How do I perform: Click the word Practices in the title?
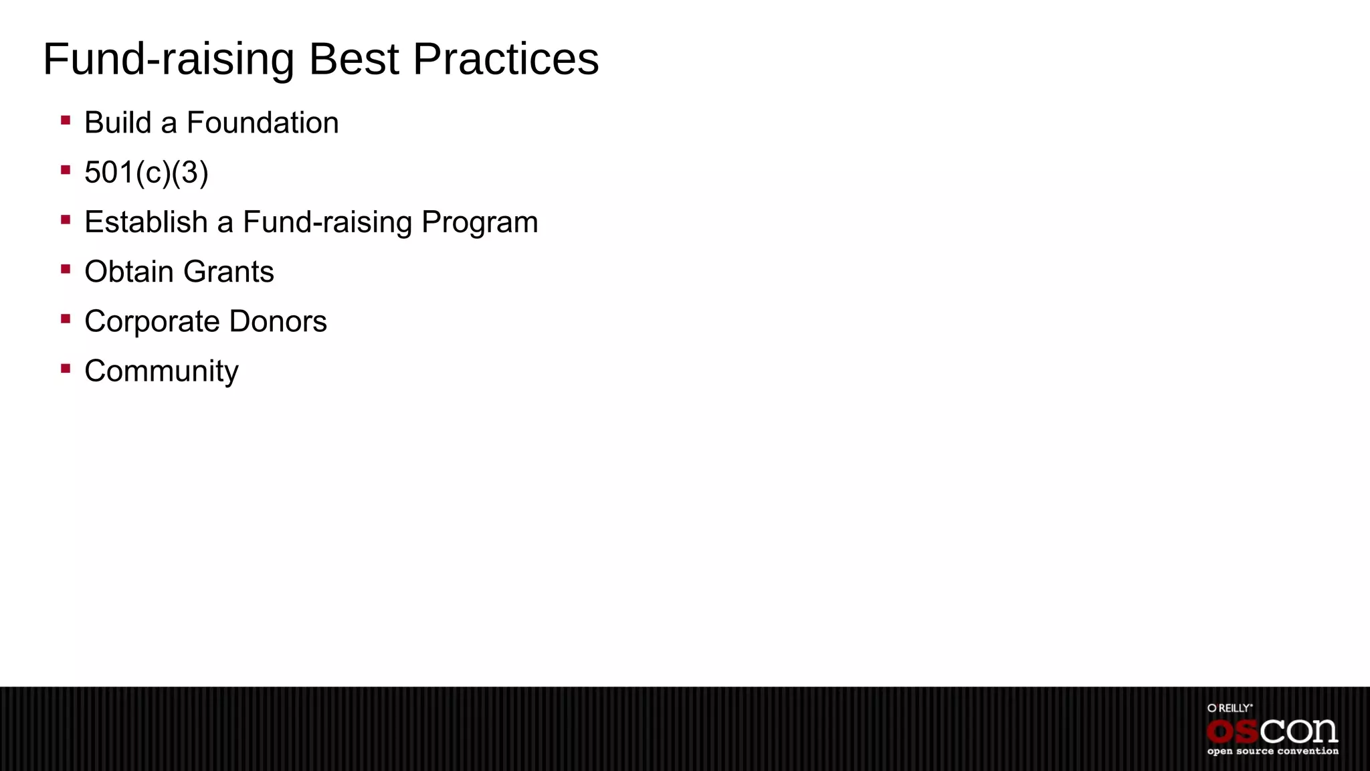[x=506, y=60]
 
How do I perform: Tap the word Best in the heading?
[x=354, y=60]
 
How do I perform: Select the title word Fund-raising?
[x=169, y=60]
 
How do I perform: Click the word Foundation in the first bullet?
[x=262, y=123]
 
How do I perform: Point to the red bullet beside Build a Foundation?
[x=66, y=120]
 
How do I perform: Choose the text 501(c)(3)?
[x=146, y=173]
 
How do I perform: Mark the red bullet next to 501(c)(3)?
[x=66, y=170]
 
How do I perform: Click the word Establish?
[x=146, y=222]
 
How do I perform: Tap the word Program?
[x=480, y=223]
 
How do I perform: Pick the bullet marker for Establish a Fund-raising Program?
[x=66, y=220]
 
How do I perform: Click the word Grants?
[x=228, y=272]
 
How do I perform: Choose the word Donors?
[x=278, y=322]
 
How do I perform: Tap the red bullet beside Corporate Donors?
[x=66, y=319]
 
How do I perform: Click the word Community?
[x=161, y=371]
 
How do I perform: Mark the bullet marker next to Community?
[x=66, y=369]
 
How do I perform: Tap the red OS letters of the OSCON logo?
[x=1232, y=732]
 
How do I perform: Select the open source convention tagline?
[x=1272, y=752]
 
